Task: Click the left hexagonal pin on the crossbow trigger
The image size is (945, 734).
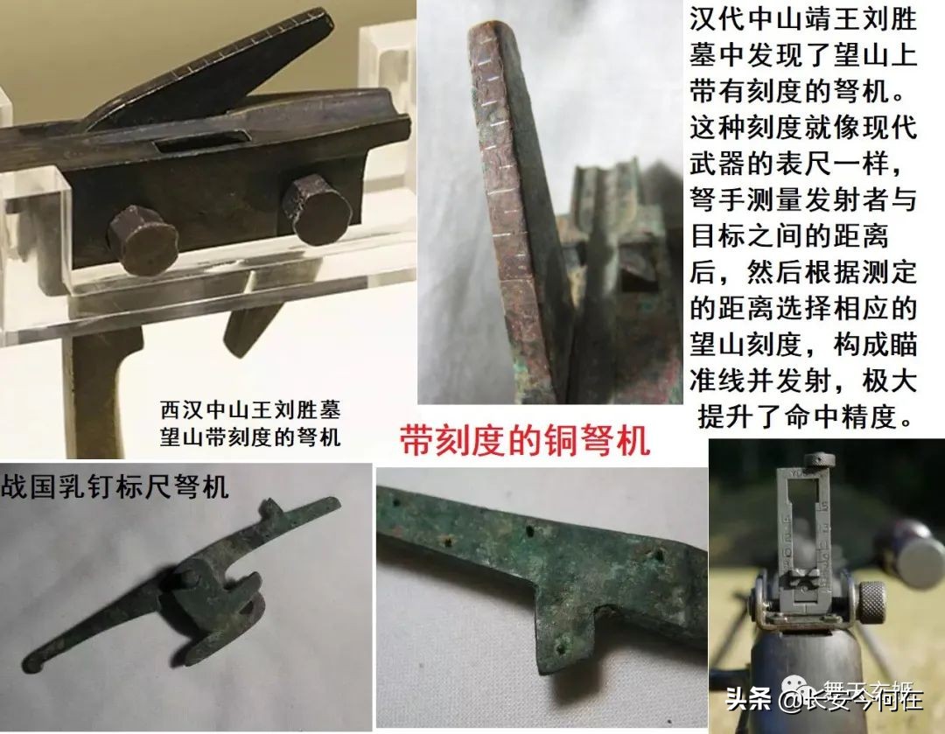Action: click(x=143, y=238)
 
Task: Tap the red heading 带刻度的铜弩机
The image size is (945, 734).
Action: click(x=525, y=441)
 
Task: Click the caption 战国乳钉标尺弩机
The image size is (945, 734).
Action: click(x=115, y=485)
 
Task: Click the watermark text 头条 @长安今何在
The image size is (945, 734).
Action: click(x=822, y=698)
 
